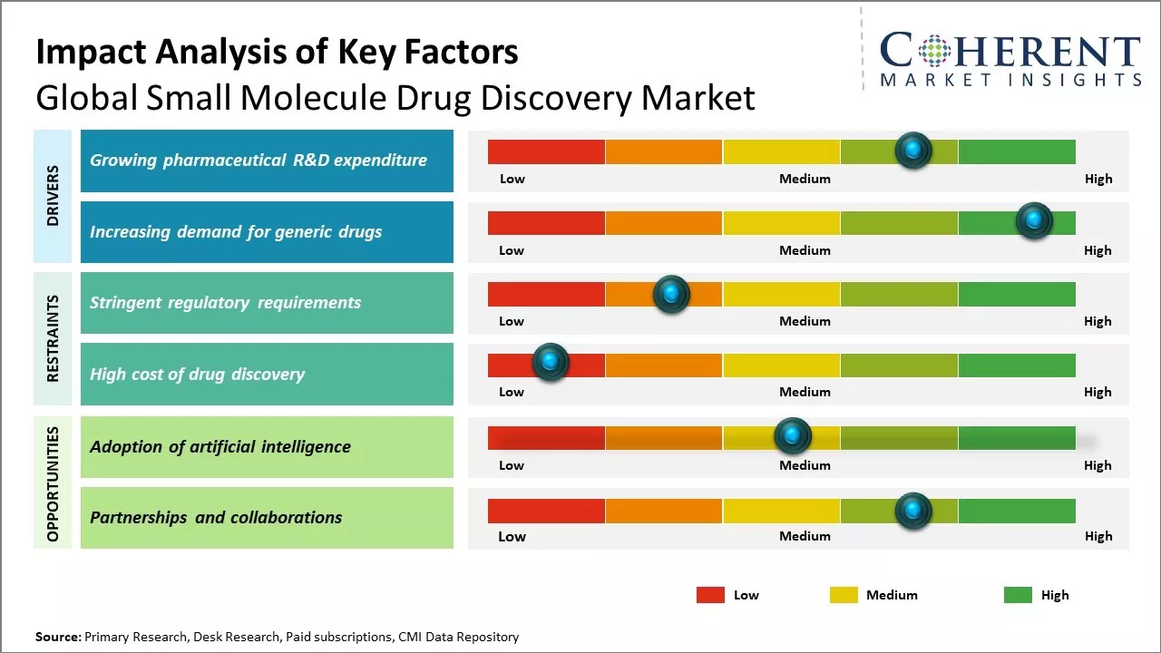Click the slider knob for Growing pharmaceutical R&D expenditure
(913, 150)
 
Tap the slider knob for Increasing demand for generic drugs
(1033, 220)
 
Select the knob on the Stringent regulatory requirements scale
(671, 293)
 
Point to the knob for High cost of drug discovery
(550, 362)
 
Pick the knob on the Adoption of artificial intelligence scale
(793, 436)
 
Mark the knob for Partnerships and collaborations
(913, 511)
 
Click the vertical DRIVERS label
(53, 196)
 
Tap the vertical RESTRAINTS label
(53, 338)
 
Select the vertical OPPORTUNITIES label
(53, 483)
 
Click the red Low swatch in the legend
(710, 595)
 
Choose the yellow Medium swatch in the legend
(844, 595)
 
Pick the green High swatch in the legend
(1018, 595)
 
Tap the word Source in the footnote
(58, 637)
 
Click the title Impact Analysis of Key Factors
(277, 52)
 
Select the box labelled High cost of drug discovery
(267, 374)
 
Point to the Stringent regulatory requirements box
(267, 303)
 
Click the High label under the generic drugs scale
(1098, 250)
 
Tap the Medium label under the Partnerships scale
(805, 536)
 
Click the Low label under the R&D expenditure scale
(512, 179)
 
